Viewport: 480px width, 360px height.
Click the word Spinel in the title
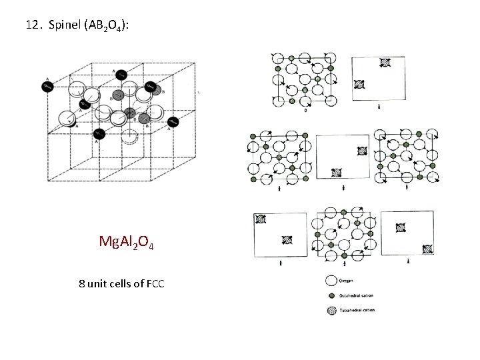[63, 25]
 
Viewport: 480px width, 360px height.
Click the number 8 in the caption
[81, 285]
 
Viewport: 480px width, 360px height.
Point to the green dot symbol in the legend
[331, 295]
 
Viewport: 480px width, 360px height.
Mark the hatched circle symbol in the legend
[331, 310]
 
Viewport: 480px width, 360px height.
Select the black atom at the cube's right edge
[172, 121]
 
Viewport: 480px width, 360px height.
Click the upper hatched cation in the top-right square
[385, 63]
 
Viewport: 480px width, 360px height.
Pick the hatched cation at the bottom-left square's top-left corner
[261, 219]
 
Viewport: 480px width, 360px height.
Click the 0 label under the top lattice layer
[305, 111]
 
